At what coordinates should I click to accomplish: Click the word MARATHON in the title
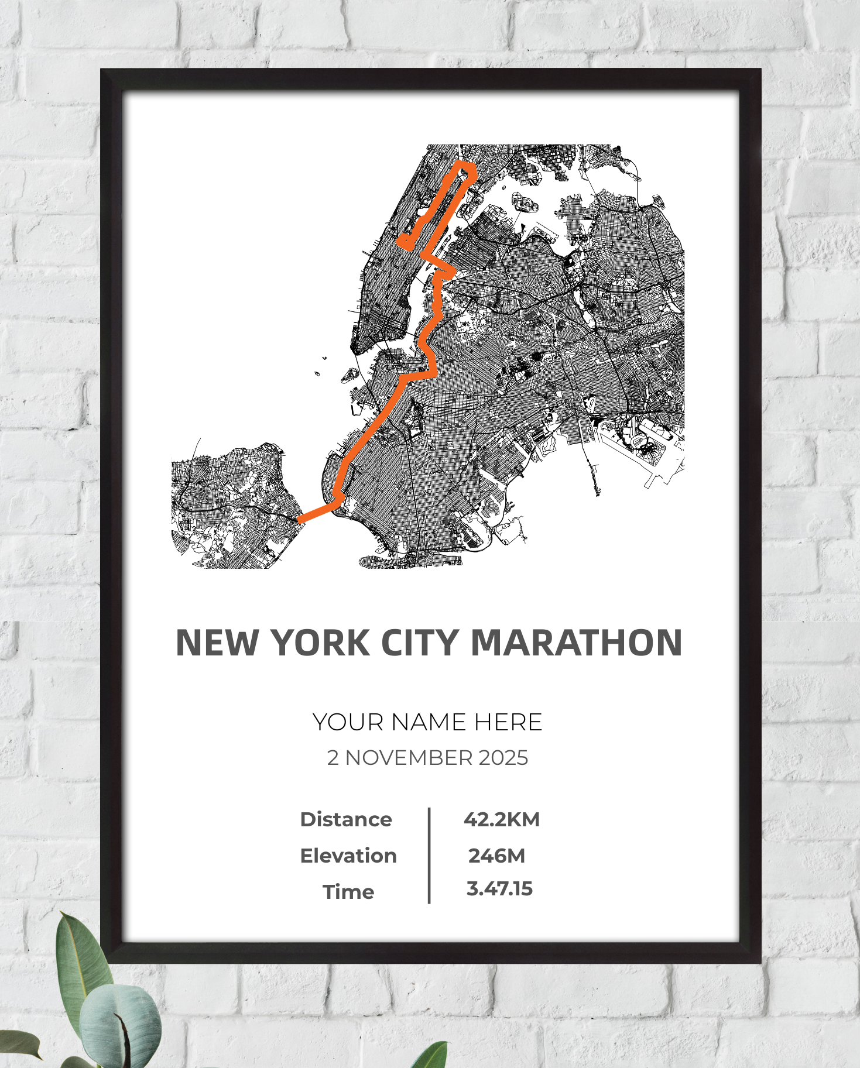576,643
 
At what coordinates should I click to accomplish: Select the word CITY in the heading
419,643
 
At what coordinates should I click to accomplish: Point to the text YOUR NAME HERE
427,722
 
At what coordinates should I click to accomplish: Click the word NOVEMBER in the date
409,758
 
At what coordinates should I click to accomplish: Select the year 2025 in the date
503,758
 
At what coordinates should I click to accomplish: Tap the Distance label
346,819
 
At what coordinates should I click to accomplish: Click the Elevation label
348,856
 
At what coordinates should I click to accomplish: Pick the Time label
348,892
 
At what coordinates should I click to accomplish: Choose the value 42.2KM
502,819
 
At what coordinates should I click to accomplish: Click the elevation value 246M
497,856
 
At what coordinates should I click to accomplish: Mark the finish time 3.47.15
499,888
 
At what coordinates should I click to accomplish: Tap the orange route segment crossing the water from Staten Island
316,513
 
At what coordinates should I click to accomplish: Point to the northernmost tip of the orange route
465,166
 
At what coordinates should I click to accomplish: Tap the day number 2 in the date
333,758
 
